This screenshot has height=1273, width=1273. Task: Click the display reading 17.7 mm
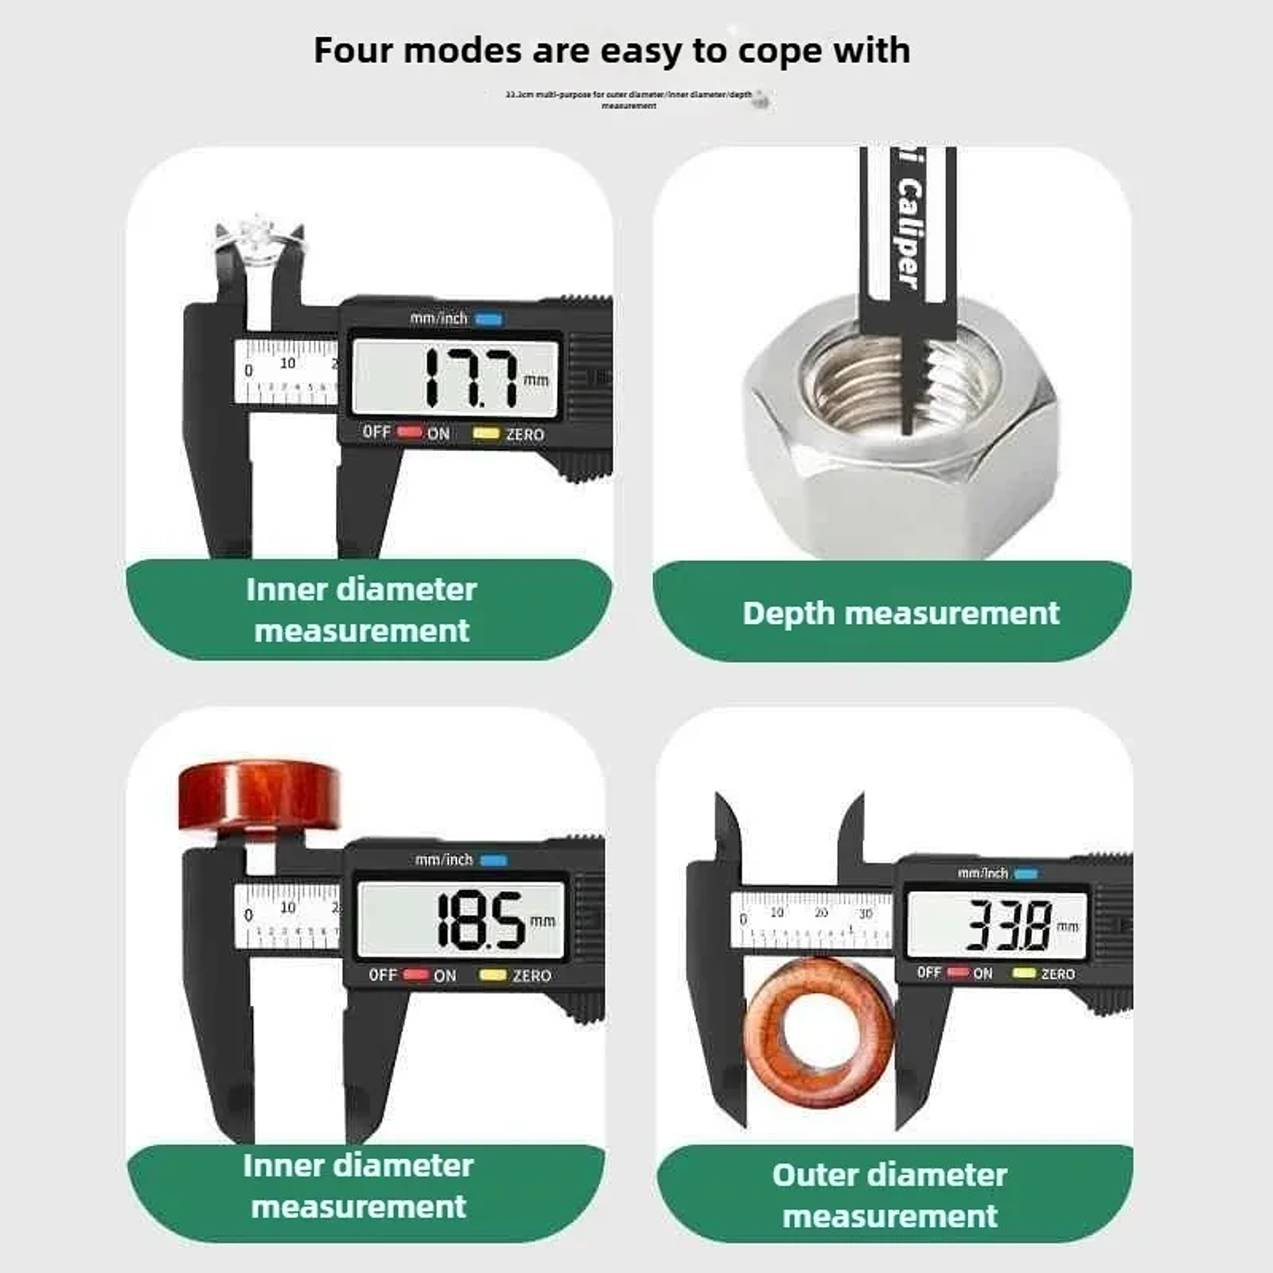(455, 378)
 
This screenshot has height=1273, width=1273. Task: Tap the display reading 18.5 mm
(461, 920)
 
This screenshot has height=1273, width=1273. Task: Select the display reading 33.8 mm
(997, 925)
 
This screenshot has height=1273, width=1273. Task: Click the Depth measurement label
(900, 613)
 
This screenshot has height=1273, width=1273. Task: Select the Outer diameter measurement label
(889, 1194)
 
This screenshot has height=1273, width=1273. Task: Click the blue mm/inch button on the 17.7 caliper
(489, 319)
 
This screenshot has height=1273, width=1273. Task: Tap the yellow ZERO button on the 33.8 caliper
(1025, 972)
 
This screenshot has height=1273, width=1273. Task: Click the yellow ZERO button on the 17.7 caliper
(486, 433)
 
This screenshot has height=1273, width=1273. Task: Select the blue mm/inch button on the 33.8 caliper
(1026, 873)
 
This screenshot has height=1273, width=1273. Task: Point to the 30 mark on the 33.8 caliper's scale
(865, 913)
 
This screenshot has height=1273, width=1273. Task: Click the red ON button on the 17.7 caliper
(409, 431)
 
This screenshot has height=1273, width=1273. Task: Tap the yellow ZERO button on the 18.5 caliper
(492, 974)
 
